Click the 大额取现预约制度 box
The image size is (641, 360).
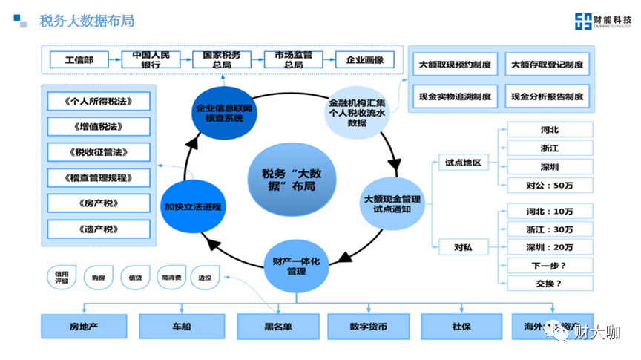(455, 65)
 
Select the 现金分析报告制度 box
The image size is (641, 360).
(547, 96)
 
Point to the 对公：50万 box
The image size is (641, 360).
(550, 184)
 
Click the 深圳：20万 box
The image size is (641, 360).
(550, 246)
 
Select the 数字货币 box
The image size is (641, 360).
(368, 325)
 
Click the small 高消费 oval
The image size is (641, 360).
(171, 278)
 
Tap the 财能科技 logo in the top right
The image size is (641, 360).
(599, 22)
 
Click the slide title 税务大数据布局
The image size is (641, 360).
(87, 21)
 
